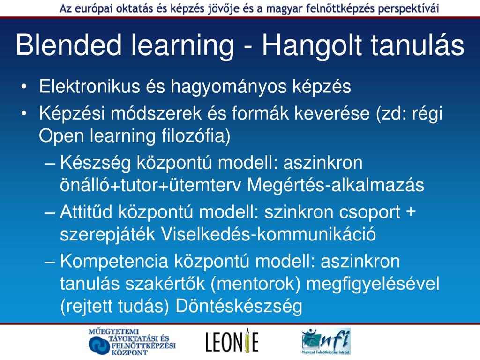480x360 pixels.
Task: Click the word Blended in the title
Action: coord(68,45)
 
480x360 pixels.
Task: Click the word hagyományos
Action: coord(229,87)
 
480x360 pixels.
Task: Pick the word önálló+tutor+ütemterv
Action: coord(150,185)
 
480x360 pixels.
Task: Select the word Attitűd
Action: coord(86,212)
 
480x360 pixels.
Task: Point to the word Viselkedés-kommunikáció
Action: coord(268,234)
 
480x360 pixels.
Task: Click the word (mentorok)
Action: coord(255,284)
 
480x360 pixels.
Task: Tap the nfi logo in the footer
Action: coord(326,341)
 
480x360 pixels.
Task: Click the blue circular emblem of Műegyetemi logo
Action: coord(99,345)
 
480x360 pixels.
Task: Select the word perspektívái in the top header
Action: coord(408,8)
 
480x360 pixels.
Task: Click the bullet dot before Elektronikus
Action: coord(24,87)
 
